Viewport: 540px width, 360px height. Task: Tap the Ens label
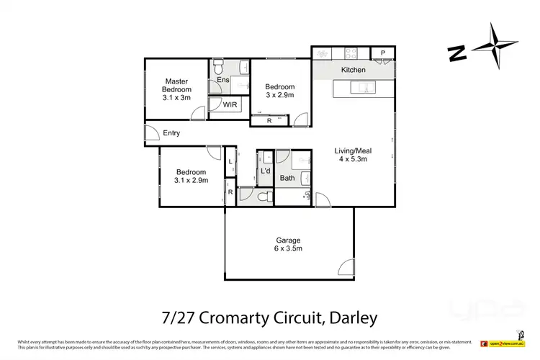coord(223,80)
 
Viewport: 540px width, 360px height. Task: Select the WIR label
coord(230,105)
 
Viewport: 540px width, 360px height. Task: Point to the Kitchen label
coord(354,70)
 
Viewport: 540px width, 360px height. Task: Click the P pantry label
coord(383,53)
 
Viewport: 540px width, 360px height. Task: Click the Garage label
coord(287,240)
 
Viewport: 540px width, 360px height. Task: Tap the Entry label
coord(171,133)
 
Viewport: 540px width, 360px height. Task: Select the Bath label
coord(287,178)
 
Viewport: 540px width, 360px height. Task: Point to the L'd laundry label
coord(265,171)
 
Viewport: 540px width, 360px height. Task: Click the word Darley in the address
coord(351,317)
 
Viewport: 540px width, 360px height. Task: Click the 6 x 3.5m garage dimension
coord(287,249)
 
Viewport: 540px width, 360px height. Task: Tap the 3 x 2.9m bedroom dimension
coord(279,95)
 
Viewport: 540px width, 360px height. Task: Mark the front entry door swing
coord(151,135)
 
